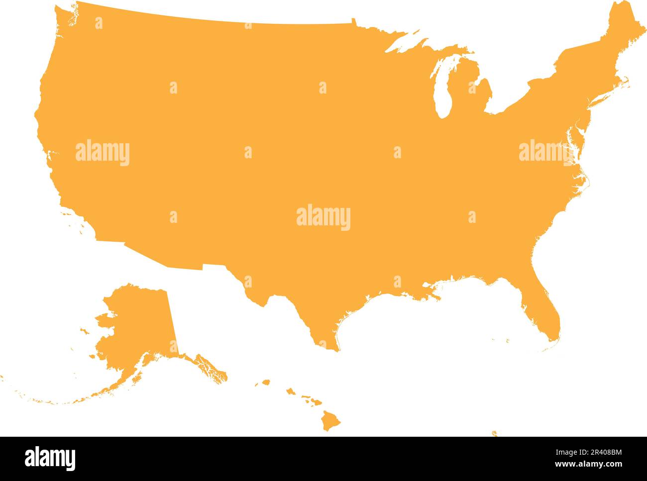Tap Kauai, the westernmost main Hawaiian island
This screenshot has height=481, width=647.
[x=266, y=383]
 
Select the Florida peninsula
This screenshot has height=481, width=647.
[x=545, y=313]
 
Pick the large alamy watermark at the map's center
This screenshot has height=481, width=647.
[x=323, y=218]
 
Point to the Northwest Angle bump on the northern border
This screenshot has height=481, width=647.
[x=354, y=21]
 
